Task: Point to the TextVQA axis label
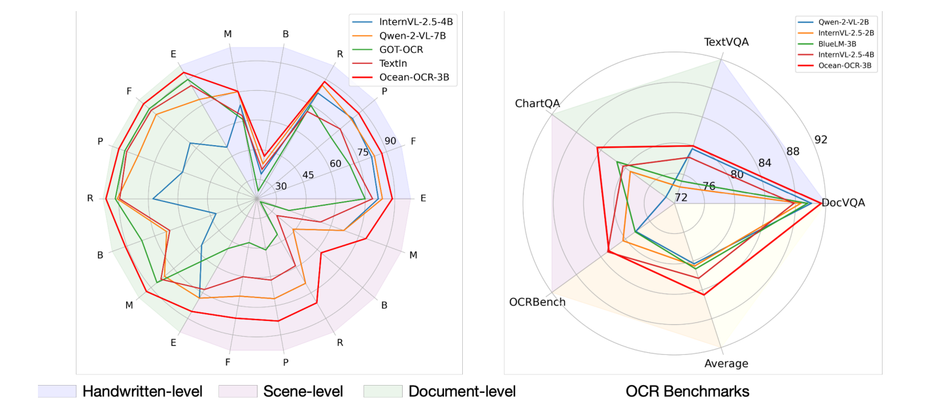pos(726,42)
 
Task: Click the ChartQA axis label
pos(537,104)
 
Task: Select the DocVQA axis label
pos(843,203)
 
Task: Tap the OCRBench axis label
pos(537,302)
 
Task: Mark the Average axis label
pos(726,364)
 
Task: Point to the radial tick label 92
pos(820,139)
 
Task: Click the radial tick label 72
pos(681,197)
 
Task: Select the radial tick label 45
pos(307,175)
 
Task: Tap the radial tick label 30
pos(280,186)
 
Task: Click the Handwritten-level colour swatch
pos(57,392)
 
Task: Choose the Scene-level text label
pos(303,392)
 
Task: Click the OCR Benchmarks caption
pos(687,392)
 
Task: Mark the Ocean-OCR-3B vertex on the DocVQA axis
pos(820,203)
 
